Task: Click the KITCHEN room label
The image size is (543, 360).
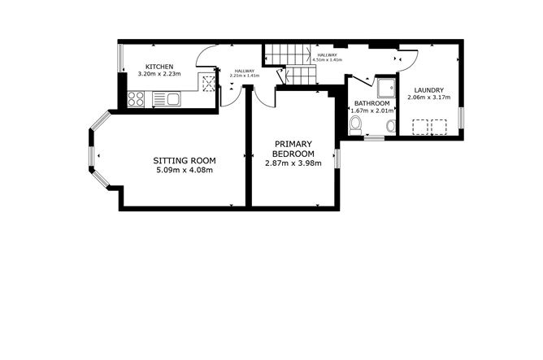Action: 158,67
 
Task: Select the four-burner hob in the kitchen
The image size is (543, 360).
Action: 136,99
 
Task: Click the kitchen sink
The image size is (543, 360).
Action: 171,99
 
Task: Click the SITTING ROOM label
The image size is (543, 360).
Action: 185,161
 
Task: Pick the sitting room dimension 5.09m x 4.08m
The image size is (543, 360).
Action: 185,171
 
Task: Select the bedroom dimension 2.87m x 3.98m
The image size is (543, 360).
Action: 293,163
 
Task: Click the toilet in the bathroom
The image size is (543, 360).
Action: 356,125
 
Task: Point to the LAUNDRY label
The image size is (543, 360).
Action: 428,89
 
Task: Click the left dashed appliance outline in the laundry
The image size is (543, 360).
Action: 420,126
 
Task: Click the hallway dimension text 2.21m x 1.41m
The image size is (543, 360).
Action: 245,75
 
